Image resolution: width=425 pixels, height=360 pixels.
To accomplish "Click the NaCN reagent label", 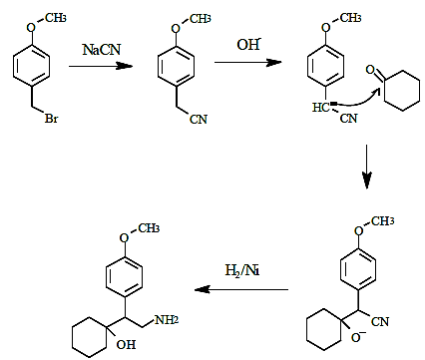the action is (x=102, y=50).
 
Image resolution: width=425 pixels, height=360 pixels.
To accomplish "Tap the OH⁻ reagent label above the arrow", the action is (x=248, y=45).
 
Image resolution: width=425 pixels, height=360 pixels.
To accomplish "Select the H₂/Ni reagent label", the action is (x=242, y=270).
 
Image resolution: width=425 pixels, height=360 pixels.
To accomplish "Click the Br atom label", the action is (x=51, y=119).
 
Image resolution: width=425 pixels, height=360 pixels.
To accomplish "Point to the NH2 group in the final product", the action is (x=167, y=320).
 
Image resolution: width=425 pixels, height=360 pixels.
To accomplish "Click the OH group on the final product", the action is (x=126, y=345).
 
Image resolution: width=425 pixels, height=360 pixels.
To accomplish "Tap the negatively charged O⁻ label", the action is (x=358, y=337).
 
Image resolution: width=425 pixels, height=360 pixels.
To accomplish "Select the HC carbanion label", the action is (x=321, y=108).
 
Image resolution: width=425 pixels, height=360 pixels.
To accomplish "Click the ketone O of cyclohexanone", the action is (x=370, y=70).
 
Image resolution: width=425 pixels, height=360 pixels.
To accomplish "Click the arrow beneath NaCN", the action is (x=101, y=66).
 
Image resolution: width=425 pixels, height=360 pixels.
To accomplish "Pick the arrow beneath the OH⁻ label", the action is (x=247, y=62).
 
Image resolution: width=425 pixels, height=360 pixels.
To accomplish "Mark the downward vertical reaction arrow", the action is (x=367, y=167).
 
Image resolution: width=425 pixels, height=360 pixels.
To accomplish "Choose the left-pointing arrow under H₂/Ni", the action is (x=241, y=289).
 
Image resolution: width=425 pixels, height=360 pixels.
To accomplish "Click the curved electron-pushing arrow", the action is (x=358, y=99).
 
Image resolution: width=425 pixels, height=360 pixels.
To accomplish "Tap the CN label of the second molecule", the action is (x=199, y=119).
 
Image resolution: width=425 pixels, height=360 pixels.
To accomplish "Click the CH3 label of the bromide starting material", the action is (x=56, y=18).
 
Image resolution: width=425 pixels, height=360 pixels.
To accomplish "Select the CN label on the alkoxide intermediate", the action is (x=380, y=321).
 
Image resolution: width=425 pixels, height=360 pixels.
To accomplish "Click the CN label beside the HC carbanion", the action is (x=349, y=119).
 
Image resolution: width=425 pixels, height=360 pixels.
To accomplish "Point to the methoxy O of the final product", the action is (x=124, y=238).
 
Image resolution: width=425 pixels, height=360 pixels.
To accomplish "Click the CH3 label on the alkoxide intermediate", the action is (x=383, y=221).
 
